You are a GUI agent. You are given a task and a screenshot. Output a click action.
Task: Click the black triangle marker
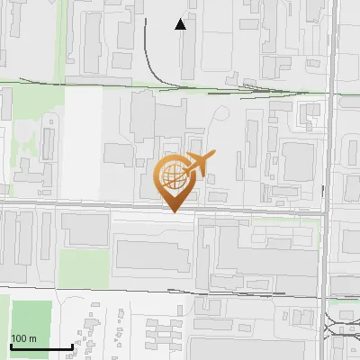tap(181, 24)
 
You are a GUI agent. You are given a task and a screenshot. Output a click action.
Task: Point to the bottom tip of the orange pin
tap(174, 211)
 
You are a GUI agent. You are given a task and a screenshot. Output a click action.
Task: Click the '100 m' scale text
tap(24, 337)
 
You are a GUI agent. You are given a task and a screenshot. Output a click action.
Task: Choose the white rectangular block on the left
tap(83, 144)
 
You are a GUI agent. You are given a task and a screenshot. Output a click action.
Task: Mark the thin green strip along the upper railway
tap(180, 86)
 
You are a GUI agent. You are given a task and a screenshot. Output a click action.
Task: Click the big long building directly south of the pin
tap(153, 256)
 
